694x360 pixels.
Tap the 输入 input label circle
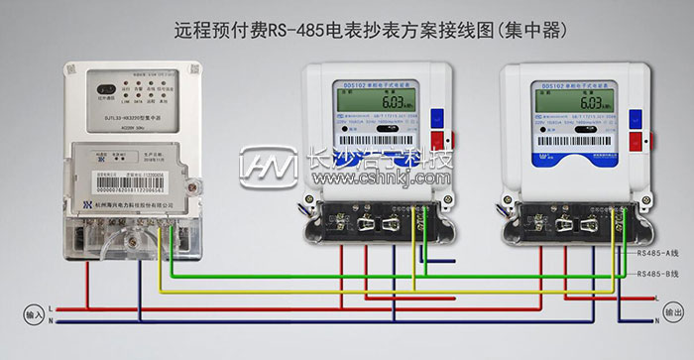[34, 314]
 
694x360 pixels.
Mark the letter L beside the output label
[656, 297]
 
